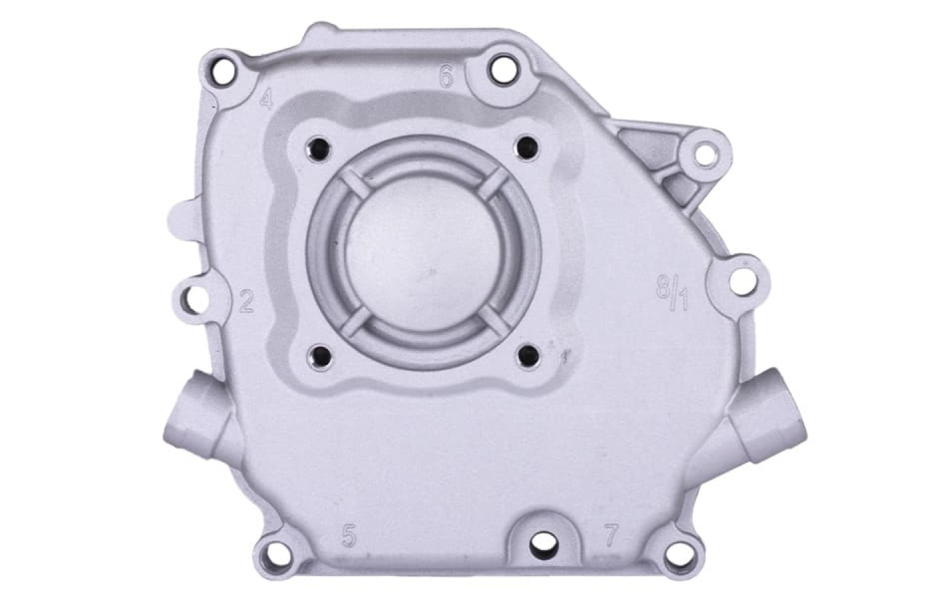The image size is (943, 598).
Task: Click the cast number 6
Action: (x=446, y=76)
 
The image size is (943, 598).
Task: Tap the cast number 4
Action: (x=266, y=98)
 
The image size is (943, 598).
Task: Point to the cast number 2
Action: (x=246, y=301)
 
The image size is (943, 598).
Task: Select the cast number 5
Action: (x=349, y=536)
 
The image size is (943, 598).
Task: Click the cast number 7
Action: (x=611, y=535)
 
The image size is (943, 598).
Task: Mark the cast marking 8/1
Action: (x=672, y=292)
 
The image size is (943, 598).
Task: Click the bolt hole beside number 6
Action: (x=503, y=70)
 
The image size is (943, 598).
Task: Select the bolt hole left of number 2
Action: (x=196, y=300)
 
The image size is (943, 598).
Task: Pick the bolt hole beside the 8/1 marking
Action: (x=742, y=281)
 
